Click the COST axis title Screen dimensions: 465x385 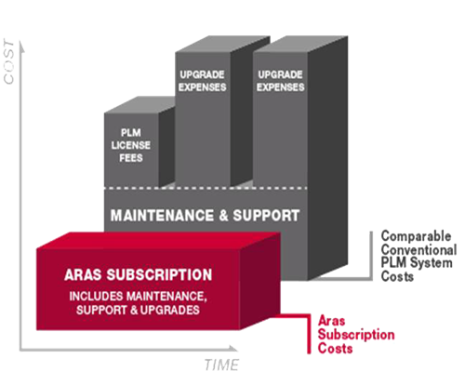pos(9,61)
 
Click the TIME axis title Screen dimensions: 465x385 pos(221,365)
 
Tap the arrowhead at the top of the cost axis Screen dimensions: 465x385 pos(21,46)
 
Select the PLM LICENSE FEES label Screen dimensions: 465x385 pos(131,145)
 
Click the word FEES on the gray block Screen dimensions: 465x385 pos(131,158)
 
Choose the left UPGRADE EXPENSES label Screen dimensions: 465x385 pos(202,81)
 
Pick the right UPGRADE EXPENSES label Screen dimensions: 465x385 pos(280,81)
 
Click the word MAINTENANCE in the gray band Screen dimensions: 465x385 pos(162,216)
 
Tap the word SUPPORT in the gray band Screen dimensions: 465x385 pos(266,216)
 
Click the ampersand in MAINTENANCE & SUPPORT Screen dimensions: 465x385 pos(223,216)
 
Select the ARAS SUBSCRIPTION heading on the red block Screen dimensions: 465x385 pos(138,274)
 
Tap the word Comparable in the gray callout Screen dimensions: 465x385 pos(416,236)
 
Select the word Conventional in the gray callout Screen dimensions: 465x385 pos(418,250)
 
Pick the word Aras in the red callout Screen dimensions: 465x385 pos(331,321)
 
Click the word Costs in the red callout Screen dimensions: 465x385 pos(335,349)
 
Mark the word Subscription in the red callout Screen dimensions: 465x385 pos(356,335)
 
